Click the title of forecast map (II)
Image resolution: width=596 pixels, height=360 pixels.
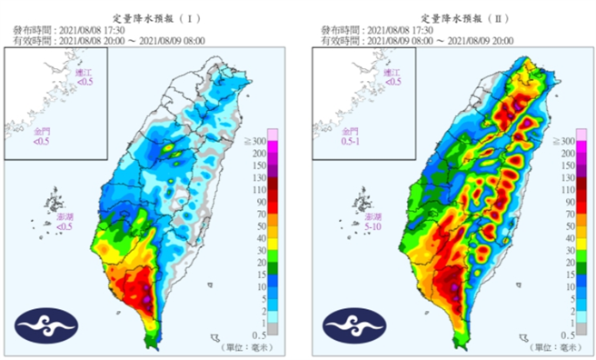tap(452, 17)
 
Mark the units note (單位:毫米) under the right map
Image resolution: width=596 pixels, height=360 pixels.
tap(556, 347)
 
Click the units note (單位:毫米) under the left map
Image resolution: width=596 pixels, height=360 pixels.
tap(247, 347)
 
